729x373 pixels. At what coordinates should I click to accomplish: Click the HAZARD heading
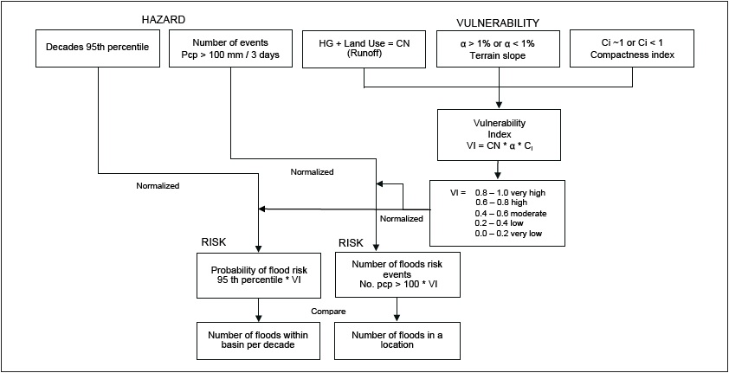click(x=165, y=20)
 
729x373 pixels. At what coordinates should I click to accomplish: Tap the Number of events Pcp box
click(x=229, y=48)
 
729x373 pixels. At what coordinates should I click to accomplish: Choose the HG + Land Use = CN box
click(x=364, y=48)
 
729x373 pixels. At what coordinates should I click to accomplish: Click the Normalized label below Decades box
click(x=158, y=185)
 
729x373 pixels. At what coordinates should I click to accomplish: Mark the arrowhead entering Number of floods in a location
click(x=396, y=319)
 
